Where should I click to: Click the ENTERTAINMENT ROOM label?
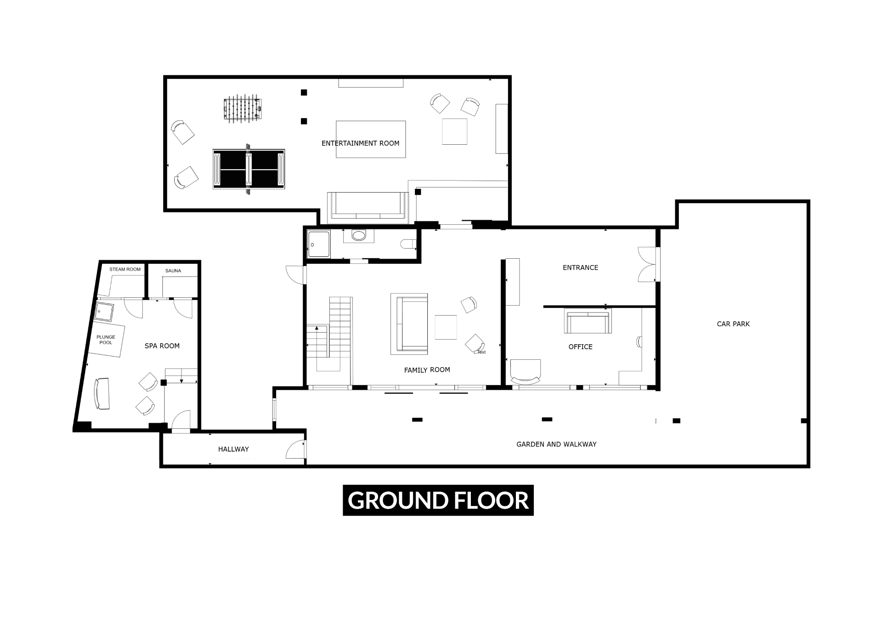pos(360,143)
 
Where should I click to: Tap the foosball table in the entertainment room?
pos(243,109)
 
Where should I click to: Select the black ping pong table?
pos(249,169)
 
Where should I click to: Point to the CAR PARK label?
pos(733,324)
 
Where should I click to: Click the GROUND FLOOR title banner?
pos(438,500)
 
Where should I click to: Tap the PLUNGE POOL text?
pos(106,340)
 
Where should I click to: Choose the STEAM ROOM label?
pos(125,269)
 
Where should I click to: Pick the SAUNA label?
pos(173,271)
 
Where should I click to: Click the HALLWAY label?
pos(233,449)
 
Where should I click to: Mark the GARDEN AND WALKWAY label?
pos(556,444)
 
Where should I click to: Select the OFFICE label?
pos(581,347)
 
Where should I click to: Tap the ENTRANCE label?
pos(581,267)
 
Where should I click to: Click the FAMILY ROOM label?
pos(427,370)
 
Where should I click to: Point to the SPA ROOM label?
pos(162,346)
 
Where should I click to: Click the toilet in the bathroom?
pos(408,244)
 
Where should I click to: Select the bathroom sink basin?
pos(358,236)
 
